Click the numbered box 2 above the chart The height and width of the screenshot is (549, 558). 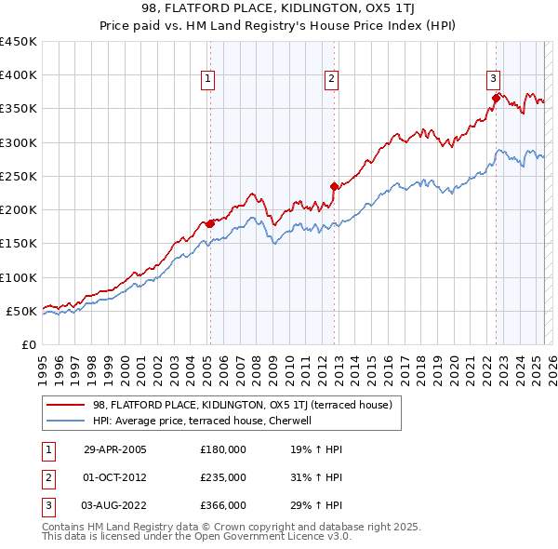[x=331, y=80]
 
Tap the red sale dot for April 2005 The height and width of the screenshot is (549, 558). [x=210, y=223]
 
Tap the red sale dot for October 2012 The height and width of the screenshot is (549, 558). [x=334, y=186]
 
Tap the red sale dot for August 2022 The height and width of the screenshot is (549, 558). [x=496, y=98]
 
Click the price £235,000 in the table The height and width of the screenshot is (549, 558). [x=223, y=477]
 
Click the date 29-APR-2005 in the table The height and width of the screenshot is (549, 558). [x=115, y=449]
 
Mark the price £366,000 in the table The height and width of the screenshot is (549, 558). [x=223, y=505]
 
